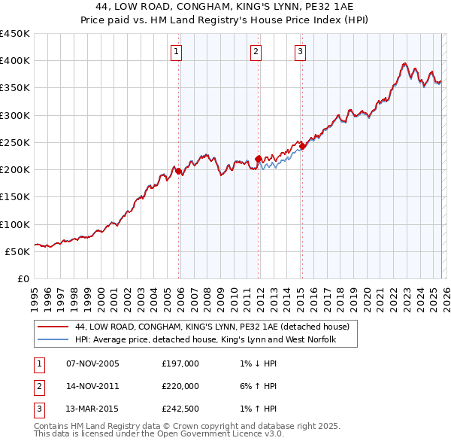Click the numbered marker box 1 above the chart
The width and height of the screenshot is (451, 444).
tap(176, 52)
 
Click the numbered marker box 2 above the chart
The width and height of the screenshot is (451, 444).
tap(256, 52)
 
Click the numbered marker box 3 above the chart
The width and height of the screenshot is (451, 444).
tap(300, 52)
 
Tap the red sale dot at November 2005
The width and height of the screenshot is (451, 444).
tap(179, 172)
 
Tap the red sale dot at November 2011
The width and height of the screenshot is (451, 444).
tap(259, 159)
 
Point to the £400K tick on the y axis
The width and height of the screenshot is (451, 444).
tap(16, 61)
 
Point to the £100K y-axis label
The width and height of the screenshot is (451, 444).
tap(16, 224)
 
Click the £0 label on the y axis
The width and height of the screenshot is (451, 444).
tap(23, 278)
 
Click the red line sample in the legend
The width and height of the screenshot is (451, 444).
tap(53, 327)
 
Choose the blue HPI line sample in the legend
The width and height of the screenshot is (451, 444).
tap(53, 340)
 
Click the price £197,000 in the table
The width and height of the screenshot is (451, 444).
tap(180, 363)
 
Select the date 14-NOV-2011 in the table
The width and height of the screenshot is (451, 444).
tap(93, 386)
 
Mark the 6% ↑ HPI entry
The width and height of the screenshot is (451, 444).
tap(256, 386)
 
